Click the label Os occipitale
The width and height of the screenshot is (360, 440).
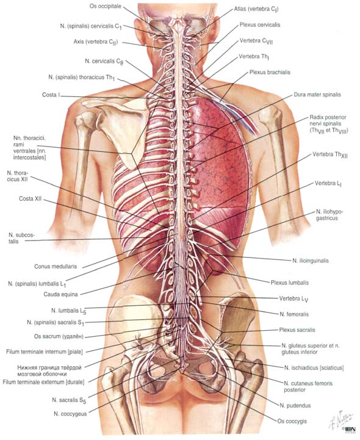coord(105,6)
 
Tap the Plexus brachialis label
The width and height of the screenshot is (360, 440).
coord(270,72)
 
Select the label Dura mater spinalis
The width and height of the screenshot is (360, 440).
coord(317,95)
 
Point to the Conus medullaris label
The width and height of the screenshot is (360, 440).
coord(56,266)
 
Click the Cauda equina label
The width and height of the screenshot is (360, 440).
coord(60,294)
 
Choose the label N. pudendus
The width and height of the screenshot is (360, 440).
coord(295,405)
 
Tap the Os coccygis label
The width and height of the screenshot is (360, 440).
coord(292,421)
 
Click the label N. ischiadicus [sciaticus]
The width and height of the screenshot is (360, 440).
coord(314,367)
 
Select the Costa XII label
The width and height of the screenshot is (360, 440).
coord(31,199)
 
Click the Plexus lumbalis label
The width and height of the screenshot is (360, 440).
coord(290,283)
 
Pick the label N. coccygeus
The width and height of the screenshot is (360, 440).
coord(70,414)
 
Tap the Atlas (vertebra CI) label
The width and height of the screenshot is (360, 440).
coord(256,9)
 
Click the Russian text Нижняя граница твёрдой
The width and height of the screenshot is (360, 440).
coord(49,367)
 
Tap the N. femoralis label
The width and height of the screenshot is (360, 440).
coord(294,314)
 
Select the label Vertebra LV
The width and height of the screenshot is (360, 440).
coord(293,299)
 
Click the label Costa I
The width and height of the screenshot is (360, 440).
coord(51,95)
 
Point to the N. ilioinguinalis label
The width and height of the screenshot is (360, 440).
coord(311,261)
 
